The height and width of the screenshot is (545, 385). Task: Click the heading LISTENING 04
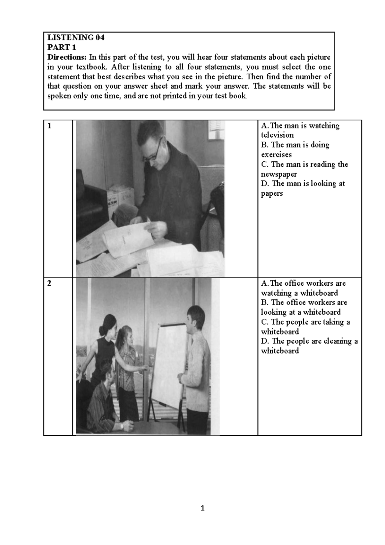pyautogui.click(x=76, y=38)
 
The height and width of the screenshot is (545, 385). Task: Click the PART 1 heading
pyautogui.click(x=62, y=48)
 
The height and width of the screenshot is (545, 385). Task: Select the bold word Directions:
pyautogui.click(x=67, y=58)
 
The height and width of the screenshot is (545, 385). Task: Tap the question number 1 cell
pyautogui.click(x=50, y=126)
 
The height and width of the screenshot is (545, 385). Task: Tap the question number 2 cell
pyautogui.click(x=50, y=283)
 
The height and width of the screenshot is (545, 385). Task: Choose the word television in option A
pyautogui.click(x=277, y=135)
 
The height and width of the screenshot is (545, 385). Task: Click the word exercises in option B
pyautogui.click(x=276, y=155)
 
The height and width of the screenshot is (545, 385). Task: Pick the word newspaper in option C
pyautogui.click(x=279, y=174)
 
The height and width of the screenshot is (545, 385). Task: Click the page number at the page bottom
pyautogui.click(x=202, y=508)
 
